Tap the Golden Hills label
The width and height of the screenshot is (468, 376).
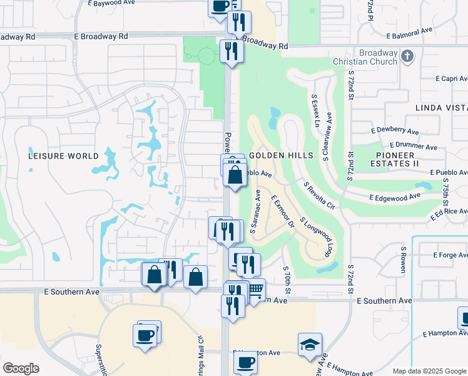click(272, 155)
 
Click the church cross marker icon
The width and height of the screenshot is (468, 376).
click(407, 57)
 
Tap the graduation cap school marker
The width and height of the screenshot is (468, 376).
click(310, 345)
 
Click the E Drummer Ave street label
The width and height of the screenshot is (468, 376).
click(413, 145)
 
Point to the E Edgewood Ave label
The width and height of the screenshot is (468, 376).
click(394, 197)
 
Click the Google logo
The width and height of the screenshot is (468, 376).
click(21, 368)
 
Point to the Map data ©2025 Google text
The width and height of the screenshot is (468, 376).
click(429, 371)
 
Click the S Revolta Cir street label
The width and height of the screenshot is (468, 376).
click(319, 196)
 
